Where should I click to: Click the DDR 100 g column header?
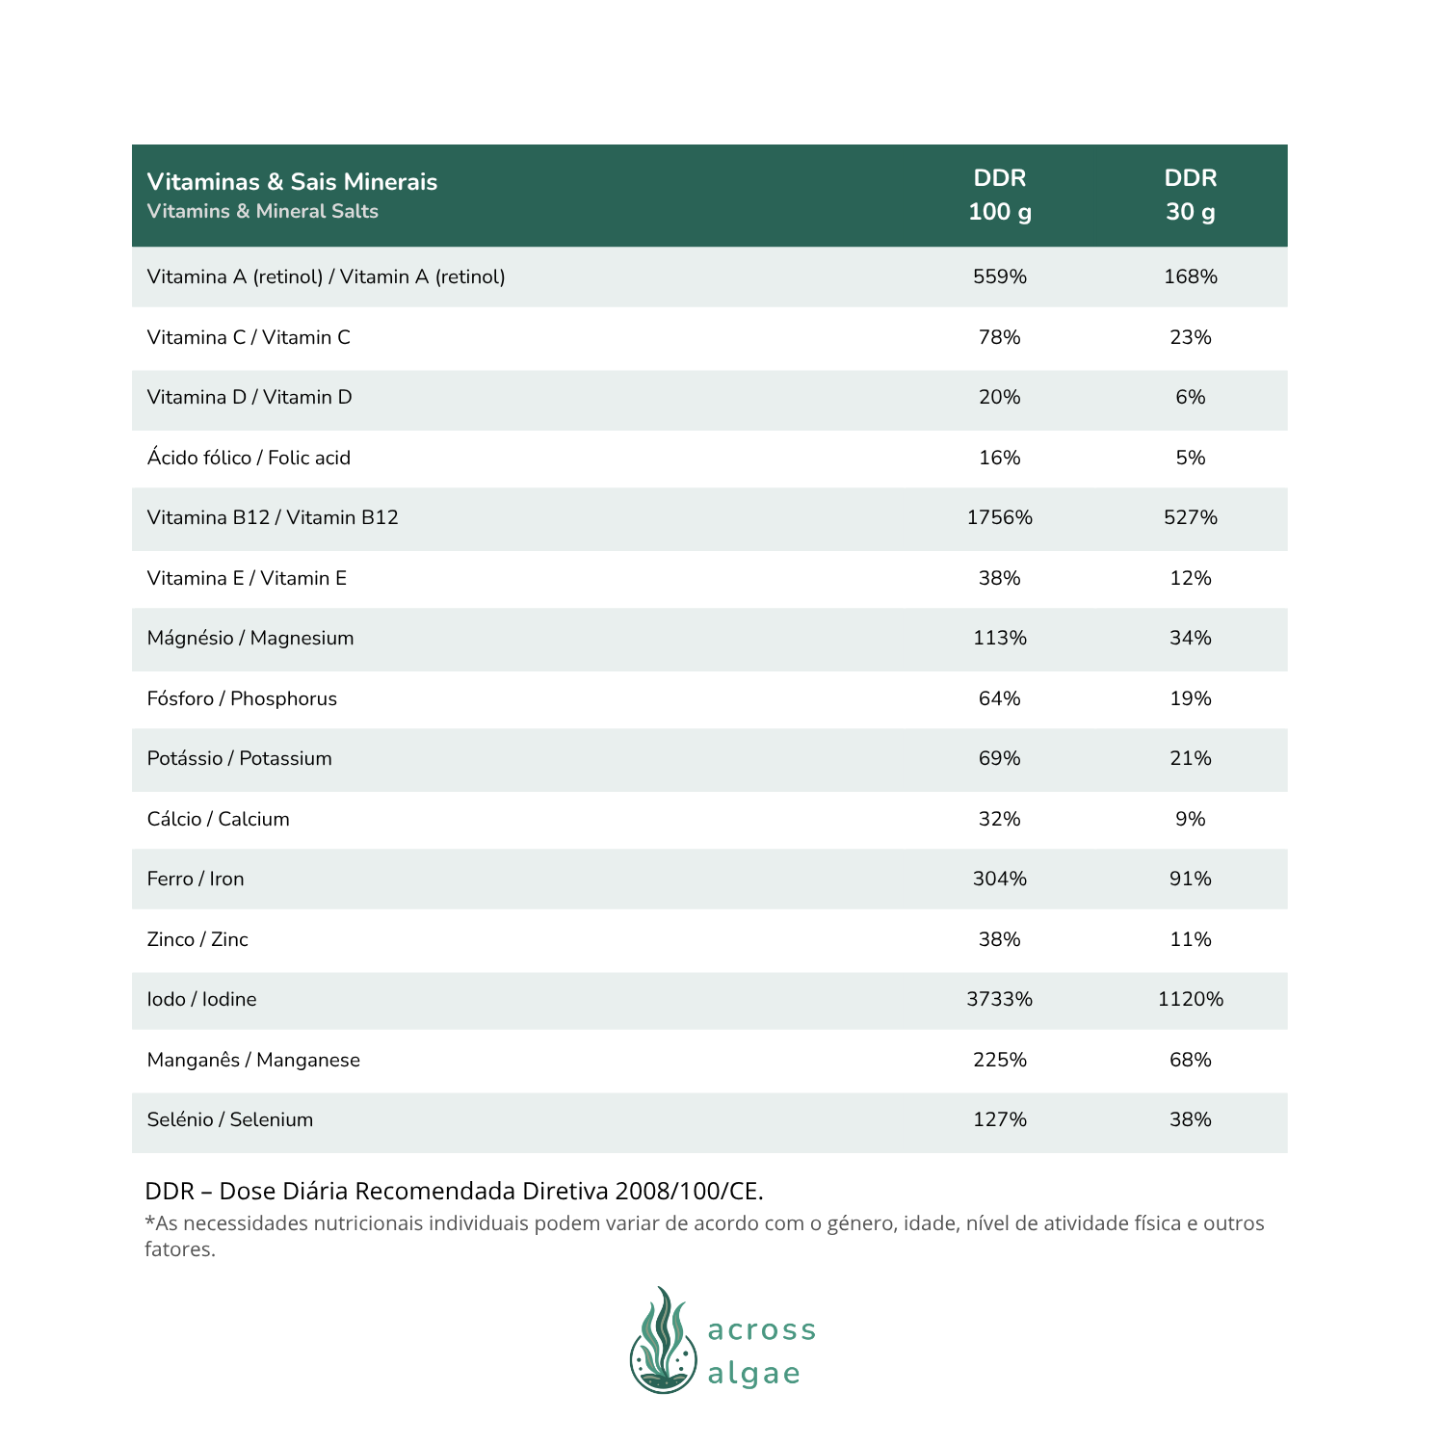tap(999, 195)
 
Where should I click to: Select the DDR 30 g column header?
tap(1190, 195)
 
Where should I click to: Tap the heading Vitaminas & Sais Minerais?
tap(292, 182)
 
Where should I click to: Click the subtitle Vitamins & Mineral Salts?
tap(262, 212)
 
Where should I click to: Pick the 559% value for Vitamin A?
tap(999, 277)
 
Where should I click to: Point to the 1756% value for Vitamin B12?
tap(999, 518)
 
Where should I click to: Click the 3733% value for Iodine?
tap(999, 1000)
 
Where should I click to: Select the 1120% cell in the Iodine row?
tap(1190, 1000)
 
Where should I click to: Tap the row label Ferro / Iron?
tap(196, 880)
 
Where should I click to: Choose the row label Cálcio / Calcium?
tap(218, 820)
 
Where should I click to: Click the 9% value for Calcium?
tap(1190, 820)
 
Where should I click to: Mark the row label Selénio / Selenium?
tap(229, 1120)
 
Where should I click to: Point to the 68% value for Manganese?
tap(1190, 1061)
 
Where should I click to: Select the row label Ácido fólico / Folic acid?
tap(249, 459)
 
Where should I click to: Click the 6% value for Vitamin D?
tap(1190, 398)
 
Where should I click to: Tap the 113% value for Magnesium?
tap(999, 639)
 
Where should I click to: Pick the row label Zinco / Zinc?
tap(197, 940)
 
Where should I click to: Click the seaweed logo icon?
tap(663, 1341)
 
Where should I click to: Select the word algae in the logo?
tap(753, 1374)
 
